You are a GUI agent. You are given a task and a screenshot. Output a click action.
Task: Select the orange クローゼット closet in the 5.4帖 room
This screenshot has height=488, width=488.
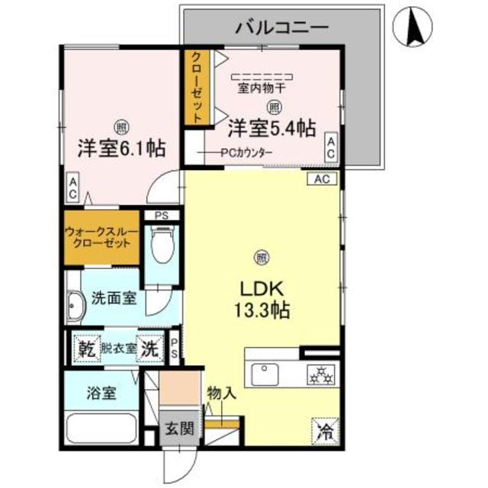click(196, 88)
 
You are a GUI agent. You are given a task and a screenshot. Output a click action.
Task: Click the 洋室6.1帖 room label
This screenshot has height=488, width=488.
click(121, 146)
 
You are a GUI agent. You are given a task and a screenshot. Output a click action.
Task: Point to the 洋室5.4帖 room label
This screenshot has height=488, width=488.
click(271, 128)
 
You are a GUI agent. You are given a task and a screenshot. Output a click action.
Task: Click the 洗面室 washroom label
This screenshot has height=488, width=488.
click(114, 297)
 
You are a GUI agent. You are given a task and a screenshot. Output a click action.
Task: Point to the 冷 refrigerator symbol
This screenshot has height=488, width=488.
click(324, 430)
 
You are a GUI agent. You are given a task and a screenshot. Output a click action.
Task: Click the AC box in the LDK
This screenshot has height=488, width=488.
click(322, 179)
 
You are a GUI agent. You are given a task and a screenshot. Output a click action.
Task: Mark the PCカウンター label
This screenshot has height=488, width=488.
click(245, 152)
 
